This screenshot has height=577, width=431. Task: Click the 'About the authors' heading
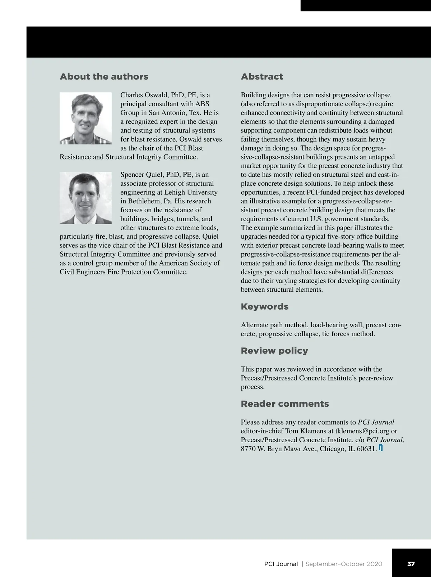[x=104, y=77]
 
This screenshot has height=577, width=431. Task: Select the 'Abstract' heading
[x=262, y=77]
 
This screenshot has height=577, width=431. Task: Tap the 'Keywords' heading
[x=264, y=306]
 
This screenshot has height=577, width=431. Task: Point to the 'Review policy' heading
[x=274, y=351]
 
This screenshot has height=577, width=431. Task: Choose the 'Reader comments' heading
[x=284, y=404]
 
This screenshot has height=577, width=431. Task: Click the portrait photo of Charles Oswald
[x=85, y=118]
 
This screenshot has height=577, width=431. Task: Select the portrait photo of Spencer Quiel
[x=85, y=198]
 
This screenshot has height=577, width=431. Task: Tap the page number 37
[x=411, y=564]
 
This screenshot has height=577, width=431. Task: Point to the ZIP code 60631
[x=366, y=449]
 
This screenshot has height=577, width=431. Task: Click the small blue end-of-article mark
[x=381, y=448]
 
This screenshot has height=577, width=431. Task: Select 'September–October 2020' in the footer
[x=344, y=564]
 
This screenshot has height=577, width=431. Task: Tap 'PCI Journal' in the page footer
[x=281, y=564]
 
